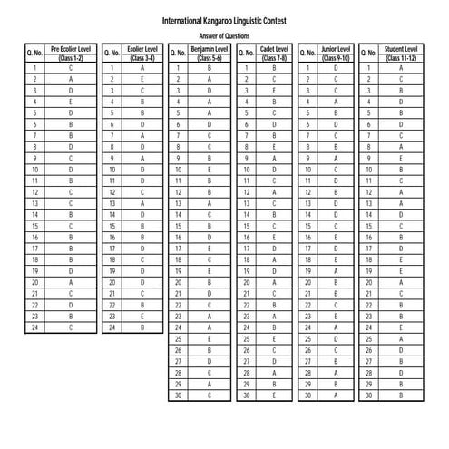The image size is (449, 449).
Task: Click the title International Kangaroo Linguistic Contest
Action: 224,19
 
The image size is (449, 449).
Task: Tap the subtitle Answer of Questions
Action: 224,34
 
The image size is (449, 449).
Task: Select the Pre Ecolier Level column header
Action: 71,52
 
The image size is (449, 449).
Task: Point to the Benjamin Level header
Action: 210,52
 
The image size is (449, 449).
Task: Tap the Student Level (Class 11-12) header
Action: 401,52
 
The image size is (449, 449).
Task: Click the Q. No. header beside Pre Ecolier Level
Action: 34,53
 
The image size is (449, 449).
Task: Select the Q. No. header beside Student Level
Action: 369,53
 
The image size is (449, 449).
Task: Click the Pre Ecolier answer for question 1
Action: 71,68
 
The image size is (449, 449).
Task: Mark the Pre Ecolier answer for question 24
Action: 71,328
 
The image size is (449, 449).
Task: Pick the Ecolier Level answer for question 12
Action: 142,192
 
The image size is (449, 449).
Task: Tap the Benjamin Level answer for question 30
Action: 210,395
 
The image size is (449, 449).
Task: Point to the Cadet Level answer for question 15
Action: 274,226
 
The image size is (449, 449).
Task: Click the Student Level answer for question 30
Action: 401,395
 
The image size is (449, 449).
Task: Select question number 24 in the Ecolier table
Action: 111,328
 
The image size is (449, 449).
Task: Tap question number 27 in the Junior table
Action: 307,362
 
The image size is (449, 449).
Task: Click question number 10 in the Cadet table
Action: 245,170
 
